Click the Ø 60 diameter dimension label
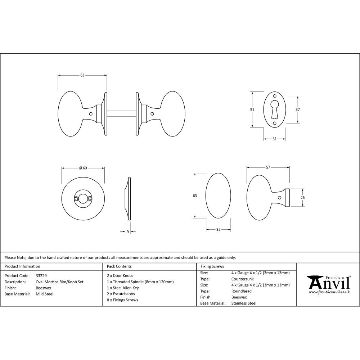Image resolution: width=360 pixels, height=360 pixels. (x=83, y=168)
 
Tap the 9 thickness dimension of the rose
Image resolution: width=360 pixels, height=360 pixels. (x=128, y=232)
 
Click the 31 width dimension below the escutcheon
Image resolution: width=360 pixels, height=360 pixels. (x=275, y=139)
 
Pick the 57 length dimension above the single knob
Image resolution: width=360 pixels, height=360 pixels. (x=268, y=167)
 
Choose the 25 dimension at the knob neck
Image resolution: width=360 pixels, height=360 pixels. (x=303, y=197)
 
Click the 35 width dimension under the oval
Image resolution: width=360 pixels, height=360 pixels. (x=218, y=229)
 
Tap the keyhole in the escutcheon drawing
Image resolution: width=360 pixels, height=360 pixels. (x=275, y=108)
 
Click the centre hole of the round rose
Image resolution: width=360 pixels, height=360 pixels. (x=83, y=198)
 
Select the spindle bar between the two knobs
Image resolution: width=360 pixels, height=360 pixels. (x=121, y=113)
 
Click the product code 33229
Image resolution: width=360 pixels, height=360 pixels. (x=41, y=276)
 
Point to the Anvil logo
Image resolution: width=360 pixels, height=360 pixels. (x=328, y=283)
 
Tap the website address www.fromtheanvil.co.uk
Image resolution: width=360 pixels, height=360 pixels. (x=329, y=292)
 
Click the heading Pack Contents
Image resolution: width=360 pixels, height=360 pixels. (x=119, y=266)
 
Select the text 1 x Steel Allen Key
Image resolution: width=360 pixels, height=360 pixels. (x=123, y=288)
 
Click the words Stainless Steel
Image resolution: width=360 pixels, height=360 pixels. (x=244, y=303)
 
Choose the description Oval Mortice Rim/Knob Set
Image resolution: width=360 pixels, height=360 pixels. (x=59, y=282)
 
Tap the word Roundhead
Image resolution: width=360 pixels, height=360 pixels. (x=241, y=291)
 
